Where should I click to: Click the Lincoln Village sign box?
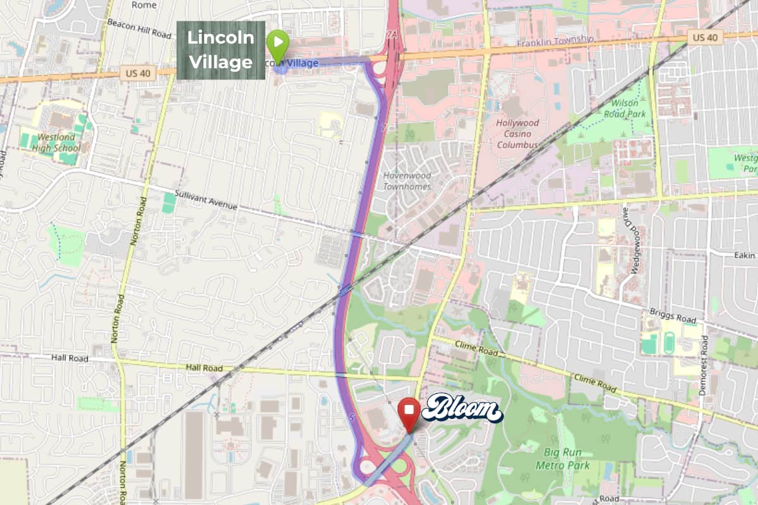coord(220,50)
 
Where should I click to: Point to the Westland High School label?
coord(59,143)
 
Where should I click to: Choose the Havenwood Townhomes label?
coord(407,181)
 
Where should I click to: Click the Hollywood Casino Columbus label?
coord(517,134)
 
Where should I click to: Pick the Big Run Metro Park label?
coord(567,459)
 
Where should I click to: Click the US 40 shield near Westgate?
coord(704,38)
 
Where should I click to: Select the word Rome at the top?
coord(144,4)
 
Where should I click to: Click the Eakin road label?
coord(745,255)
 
